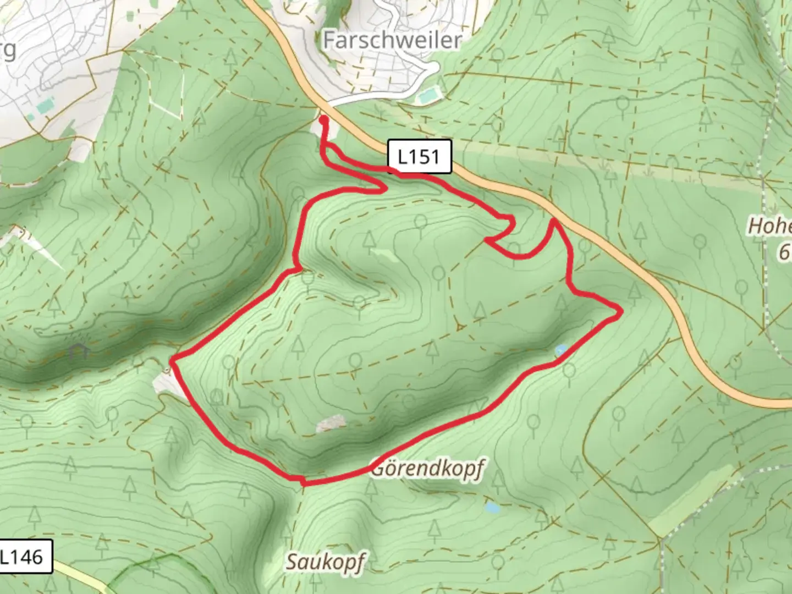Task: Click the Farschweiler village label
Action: pyautogui.click(x=392, y=40)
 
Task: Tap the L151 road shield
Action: pyautogui.click(x=419, y=157)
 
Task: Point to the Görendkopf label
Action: pyautogui.click(x=427, y=469)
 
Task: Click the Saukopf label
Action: pyautogui.click(x=326, y=562)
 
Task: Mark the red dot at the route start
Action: pyautogui.click(x=323, y=119)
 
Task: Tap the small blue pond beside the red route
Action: pyautogui.click(x=561, y=350)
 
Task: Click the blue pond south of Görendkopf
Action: pyautogui.click(x=492, y=508)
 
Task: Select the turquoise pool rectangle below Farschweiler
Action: pyautogui.click(x=430, y=97)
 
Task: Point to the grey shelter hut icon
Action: pyautogui.click(x=79, y=350)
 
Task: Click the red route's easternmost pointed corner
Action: pyautogui.click(x=620, y=312)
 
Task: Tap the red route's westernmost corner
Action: pyautogui.click(x=172, y=362)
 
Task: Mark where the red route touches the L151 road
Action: pyautogui.click(x=554, y=220)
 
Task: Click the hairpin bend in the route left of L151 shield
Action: pyautogui.click(x=383, y=188)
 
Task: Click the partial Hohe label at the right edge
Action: pyautogui.click(x=770, y=226)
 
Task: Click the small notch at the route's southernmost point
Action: pyautogui.click(x=303, y=482)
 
